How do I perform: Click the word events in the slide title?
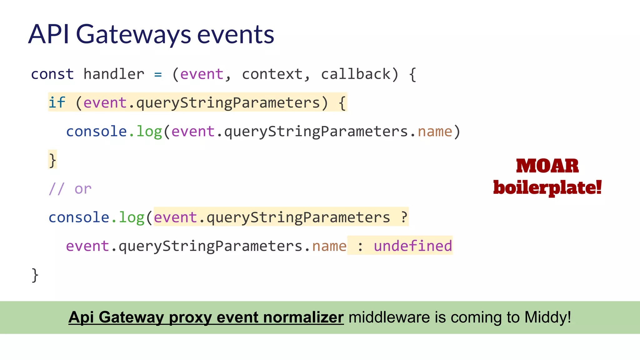(236, 34)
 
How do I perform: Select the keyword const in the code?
(52, 74)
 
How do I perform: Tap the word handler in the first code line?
(114, 74)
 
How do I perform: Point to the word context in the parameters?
(272, 74)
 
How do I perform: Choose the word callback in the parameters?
(356, 74)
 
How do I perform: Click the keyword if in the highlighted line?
(57, 102)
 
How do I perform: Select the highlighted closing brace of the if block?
(52, 160)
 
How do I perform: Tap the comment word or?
(83, 189)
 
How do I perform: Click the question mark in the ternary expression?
(404, 217)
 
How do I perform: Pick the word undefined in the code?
(413, 246)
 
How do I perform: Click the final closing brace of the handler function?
(35, 275)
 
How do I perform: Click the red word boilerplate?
(547, 187)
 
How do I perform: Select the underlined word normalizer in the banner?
(303, 317)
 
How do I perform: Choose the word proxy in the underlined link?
(190, 317)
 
